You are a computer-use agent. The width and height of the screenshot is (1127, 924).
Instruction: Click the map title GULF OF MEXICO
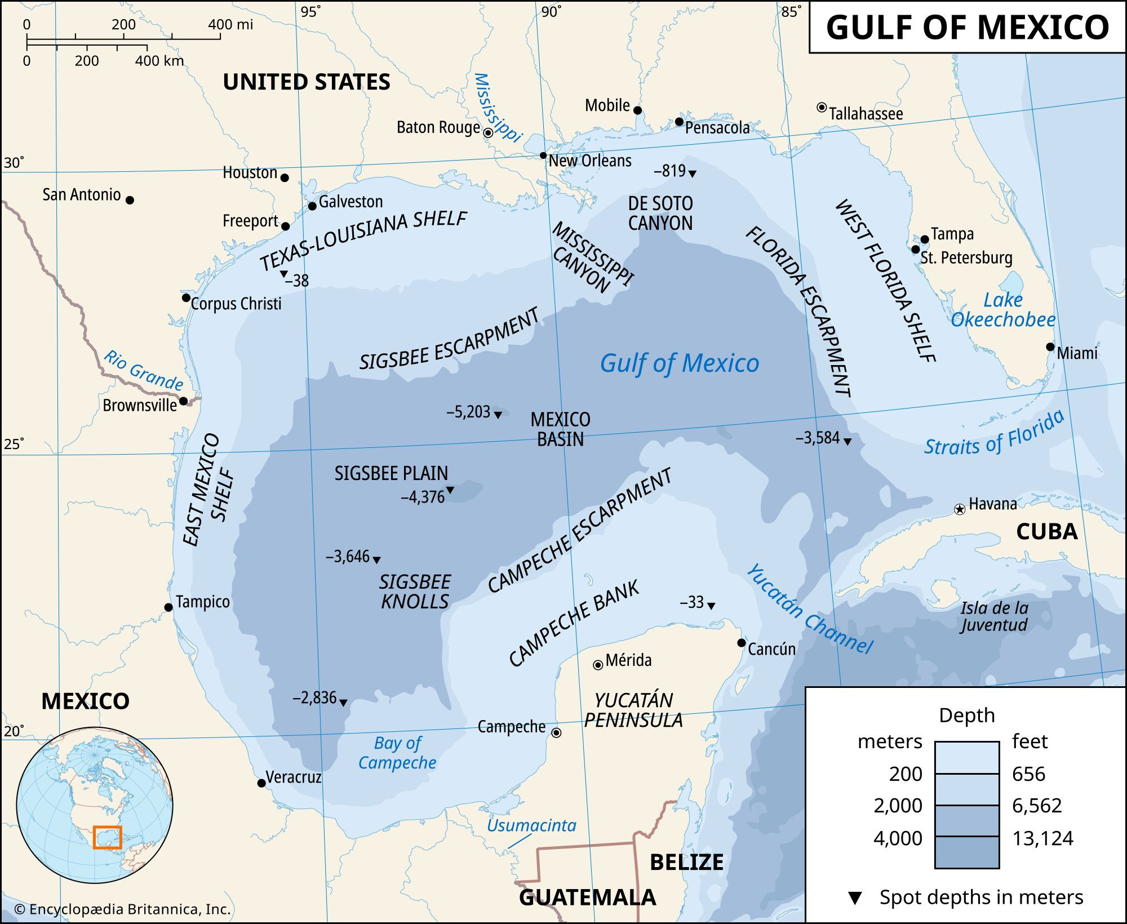(967, 27)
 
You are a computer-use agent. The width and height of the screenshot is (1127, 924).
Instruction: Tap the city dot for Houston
(285, 177)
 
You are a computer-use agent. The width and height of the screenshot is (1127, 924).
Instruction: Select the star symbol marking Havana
(959, 509)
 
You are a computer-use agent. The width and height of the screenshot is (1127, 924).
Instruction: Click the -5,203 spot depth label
(468, 412)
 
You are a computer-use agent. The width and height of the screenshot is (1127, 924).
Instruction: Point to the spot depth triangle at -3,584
(847, 442)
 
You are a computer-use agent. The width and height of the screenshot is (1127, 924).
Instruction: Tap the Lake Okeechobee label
(1003, 310)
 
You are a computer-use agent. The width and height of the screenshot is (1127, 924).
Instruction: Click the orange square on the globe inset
(107, 837)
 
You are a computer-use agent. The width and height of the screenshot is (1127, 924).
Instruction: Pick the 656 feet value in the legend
(1028, 774)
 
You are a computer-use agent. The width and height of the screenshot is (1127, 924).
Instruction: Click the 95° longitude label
(310, 11)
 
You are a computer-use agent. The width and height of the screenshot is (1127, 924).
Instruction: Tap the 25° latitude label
(14, 444)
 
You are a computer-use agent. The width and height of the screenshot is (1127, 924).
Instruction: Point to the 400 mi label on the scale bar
(230, 25)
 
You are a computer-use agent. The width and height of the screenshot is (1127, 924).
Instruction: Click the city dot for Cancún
(742, 643)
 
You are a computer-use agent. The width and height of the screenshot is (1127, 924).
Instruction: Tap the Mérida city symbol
(598, 665)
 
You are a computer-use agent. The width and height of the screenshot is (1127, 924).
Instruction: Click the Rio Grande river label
(144, 370)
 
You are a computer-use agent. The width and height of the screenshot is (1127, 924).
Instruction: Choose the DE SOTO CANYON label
(660, 213)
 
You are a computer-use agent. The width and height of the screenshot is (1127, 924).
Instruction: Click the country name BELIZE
(686, 862)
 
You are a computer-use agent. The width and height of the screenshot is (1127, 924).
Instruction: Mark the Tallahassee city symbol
(822, 107)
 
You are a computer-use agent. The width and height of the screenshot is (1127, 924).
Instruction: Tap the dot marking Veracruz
(261, 783)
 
